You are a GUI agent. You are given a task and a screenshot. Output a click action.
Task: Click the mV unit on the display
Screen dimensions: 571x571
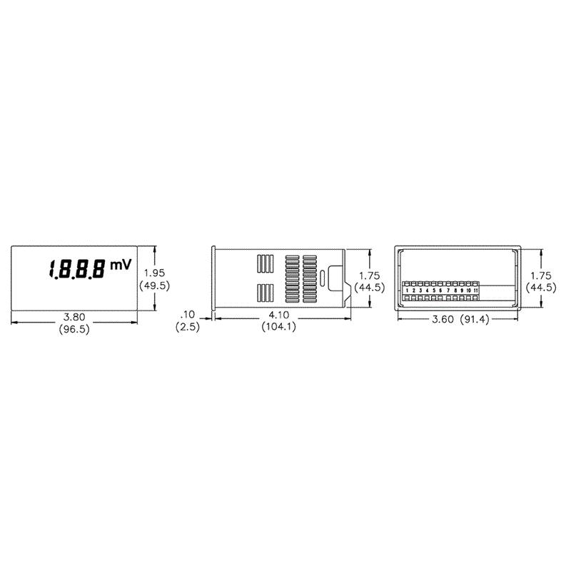(x=121, y=265)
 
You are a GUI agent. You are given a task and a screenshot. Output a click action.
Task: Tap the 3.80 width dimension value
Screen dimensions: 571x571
(x=74, y=317)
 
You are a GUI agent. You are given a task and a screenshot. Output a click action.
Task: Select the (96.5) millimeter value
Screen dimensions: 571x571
(x=74, y=329)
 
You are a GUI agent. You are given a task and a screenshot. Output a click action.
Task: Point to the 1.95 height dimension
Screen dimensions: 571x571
(x=154, y=273)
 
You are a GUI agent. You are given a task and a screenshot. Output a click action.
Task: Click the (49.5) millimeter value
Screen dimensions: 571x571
(x=155, y=285)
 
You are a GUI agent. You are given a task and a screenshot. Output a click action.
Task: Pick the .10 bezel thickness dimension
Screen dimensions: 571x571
(x=188, y=314)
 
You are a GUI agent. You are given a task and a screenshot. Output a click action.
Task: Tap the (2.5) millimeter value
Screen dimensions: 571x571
(x=188, y=327)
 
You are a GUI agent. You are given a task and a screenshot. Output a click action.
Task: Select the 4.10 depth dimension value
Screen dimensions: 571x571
(x=279, y=315)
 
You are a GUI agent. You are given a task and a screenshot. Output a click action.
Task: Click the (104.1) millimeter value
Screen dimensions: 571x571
(x=279, y=326)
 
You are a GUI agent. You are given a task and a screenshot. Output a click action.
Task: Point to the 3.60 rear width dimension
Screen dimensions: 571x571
(x=443, y=319)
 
